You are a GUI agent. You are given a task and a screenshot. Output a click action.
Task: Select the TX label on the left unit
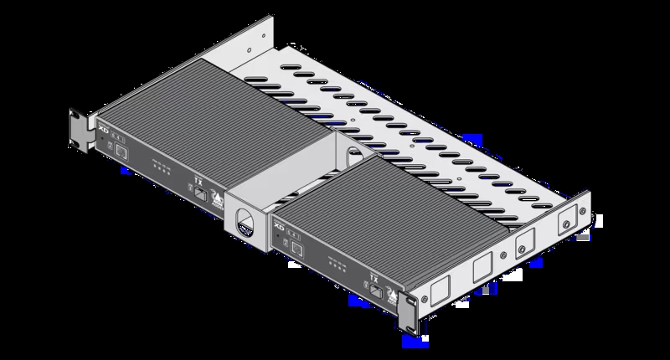pyautogui.click(x=198, y=178)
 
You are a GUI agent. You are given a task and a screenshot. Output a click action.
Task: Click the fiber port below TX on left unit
pyautogui.click(x=202, y=193)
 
